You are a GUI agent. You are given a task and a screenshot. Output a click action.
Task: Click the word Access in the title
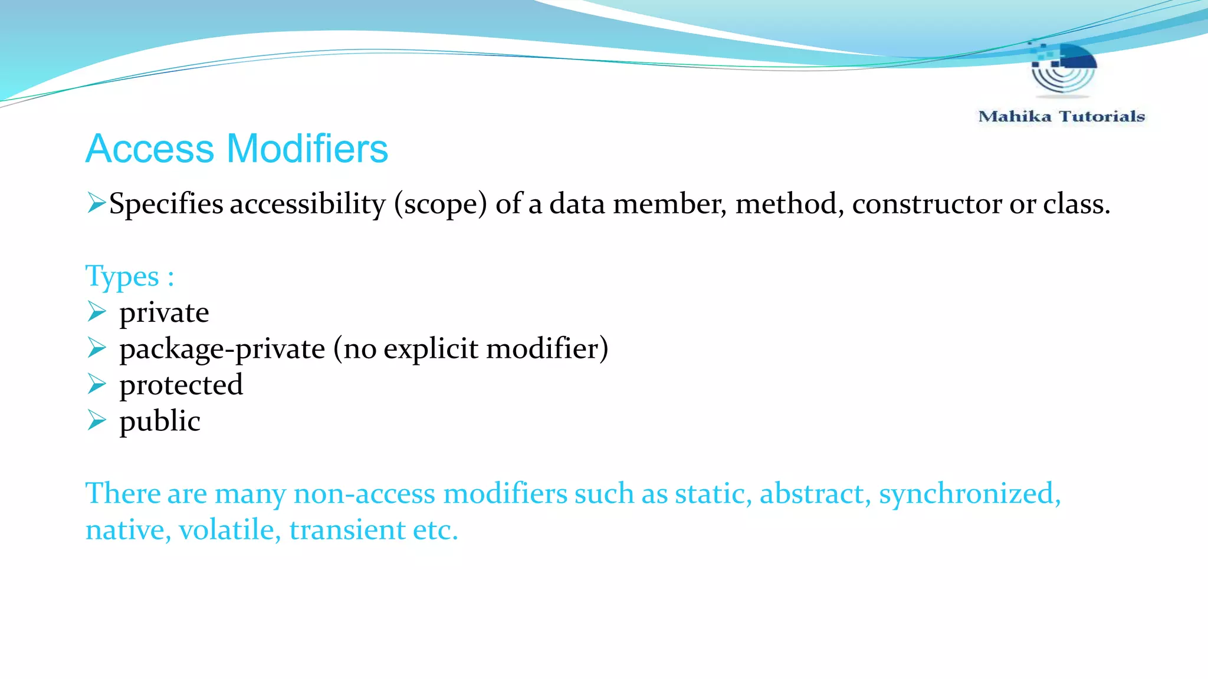click(150, 149)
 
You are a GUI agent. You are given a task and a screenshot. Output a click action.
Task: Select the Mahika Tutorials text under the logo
click(1061, 117)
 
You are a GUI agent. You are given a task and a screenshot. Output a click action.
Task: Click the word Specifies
click(166, 205)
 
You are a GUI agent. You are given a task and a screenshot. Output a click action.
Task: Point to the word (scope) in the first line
click(441, 205)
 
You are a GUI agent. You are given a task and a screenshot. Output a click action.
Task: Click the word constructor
click(927, 205)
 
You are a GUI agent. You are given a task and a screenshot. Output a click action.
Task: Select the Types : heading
click(130, 276)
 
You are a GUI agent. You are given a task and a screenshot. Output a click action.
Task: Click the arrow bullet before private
click(97, 311)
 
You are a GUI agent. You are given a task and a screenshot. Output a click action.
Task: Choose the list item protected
click(181, 385)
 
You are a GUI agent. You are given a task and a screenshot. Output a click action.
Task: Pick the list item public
click(160, 421)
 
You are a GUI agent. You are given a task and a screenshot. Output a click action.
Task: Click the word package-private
click(222, 349)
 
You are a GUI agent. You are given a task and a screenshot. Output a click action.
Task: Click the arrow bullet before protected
click(97, 384)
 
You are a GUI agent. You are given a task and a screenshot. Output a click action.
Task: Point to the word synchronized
click(969, 494)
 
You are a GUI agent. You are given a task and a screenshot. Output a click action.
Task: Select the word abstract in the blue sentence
click(815, 494)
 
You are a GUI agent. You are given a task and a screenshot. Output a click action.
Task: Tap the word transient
click(347, 530)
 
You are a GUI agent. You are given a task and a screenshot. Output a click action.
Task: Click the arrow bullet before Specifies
click(96, 203)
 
